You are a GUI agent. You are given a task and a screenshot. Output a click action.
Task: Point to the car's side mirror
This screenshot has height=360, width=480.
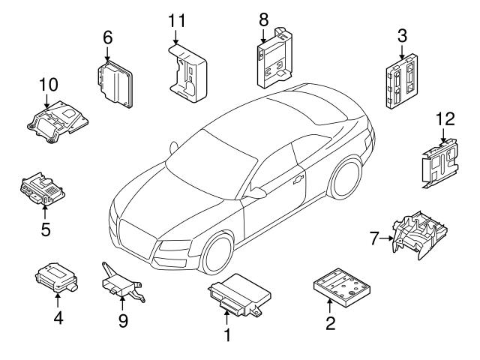[x=256, y=193]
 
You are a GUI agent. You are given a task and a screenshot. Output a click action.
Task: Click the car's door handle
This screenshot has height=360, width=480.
[x=299, y=179]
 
